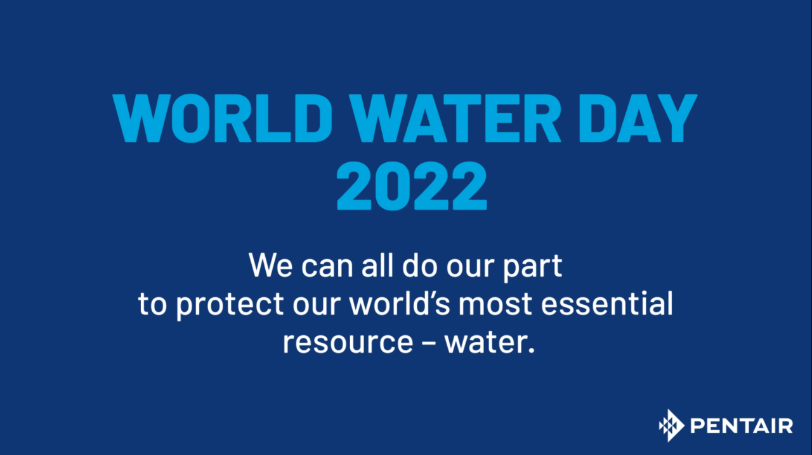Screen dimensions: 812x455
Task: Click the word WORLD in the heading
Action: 223,118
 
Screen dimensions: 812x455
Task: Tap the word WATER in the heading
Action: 455,118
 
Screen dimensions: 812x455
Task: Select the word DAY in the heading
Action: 638,118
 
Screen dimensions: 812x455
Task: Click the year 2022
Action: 412,186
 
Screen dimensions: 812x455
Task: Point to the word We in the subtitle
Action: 270,265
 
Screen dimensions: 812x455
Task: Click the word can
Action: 327,267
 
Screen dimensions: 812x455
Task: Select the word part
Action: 532,267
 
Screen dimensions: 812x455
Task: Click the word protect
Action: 230,305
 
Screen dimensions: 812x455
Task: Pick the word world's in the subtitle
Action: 400,303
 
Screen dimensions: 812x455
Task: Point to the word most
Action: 495,304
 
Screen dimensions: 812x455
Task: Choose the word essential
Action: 607,303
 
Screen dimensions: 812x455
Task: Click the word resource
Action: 348,343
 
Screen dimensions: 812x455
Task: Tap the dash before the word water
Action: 429,343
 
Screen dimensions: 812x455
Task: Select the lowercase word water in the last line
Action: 485,342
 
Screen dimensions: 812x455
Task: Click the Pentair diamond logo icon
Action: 671,425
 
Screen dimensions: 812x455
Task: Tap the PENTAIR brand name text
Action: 742,426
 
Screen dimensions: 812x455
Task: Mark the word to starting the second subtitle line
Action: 153,304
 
